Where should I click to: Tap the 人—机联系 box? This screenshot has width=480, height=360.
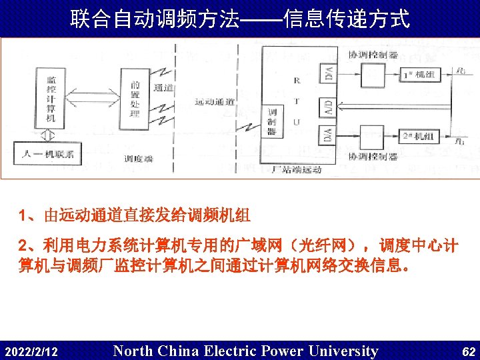tap(48, 155)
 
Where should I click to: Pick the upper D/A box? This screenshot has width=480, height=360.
tap(329, 73)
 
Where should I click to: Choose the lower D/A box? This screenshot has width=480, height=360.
tap(329, 135)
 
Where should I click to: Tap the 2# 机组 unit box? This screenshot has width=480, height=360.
tap(417, 137)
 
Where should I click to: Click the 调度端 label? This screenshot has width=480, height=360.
tap(139, 159)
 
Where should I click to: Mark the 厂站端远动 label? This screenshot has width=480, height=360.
tap(297, 169)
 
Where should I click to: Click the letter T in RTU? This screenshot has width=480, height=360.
tap(296, 101)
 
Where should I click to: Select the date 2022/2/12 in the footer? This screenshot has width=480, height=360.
tap(31, 351)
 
